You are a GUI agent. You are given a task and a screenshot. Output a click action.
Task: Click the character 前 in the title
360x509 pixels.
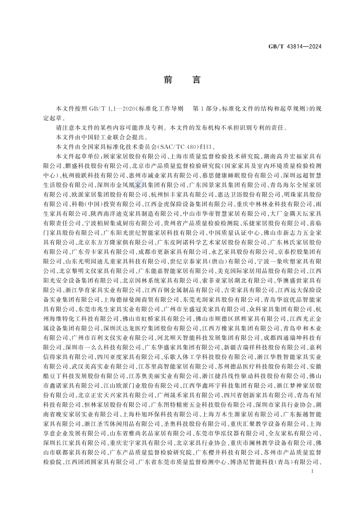coord(167,80)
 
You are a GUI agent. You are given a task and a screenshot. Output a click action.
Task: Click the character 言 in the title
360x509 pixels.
coord(196,80)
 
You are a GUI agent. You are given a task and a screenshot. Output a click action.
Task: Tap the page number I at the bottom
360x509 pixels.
coord(311,472)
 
